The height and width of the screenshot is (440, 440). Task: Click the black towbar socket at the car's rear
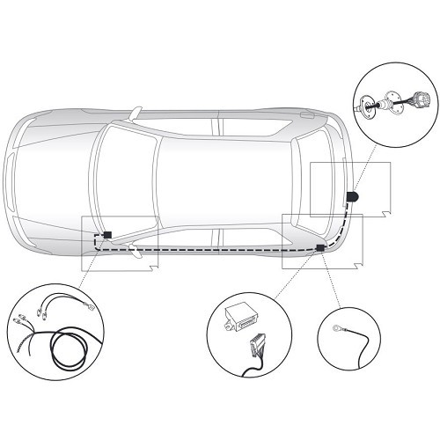pyautogui.click(x=352, y=196)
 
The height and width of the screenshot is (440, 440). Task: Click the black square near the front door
pyautogui.click(x=106, y=236)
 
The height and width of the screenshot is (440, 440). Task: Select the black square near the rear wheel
pyautogui.click(x=319, y=249)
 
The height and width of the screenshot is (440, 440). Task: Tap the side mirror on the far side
pyautogui.click(x=136, y=114)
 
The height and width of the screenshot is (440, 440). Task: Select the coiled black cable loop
pyautogui.click(x=66, y=348)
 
